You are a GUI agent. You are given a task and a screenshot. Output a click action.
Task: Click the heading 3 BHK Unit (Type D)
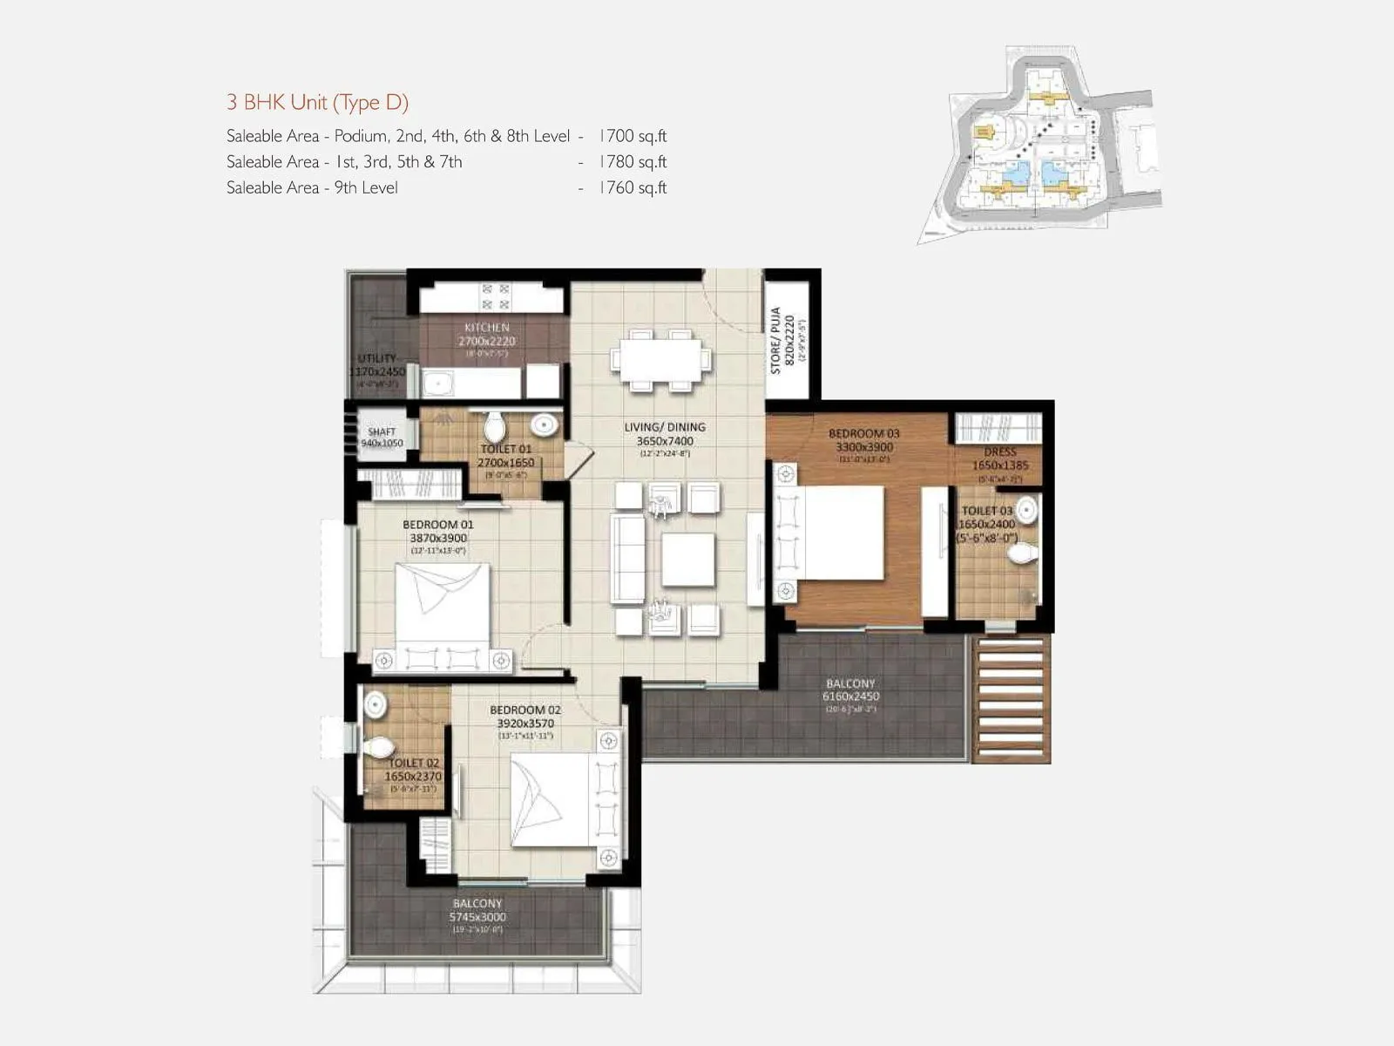317,102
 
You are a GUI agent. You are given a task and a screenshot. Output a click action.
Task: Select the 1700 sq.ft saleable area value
633,136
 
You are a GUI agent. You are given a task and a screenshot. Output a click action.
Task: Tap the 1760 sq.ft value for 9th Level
633,187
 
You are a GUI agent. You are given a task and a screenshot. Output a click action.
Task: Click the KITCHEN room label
487,328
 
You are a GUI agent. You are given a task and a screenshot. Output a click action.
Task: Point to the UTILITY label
376,358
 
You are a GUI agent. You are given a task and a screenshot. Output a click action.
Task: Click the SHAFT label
382,431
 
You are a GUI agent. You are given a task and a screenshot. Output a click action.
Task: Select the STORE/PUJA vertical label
775,341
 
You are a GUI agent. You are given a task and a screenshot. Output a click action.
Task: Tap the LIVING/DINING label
665,427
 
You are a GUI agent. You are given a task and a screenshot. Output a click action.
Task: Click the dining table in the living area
660,359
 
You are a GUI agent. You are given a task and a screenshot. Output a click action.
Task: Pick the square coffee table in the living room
687,560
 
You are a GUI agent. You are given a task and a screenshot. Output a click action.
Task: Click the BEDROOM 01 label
438,525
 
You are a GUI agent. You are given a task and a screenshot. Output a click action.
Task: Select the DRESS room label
1000,452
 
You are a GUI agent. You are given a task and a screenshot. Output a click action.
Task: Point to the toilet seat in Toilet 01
495,427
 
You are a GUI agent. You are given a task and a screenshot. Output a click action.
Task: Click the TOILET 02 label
414,763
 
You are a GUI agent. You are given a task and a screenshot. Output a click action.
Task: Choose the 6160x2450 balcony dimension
851,696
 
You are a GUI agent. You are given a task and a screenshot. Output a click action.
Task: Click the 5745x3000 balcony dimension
477,917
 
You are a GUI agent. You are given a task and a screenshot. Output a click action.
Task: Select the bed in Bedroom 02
554,800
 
